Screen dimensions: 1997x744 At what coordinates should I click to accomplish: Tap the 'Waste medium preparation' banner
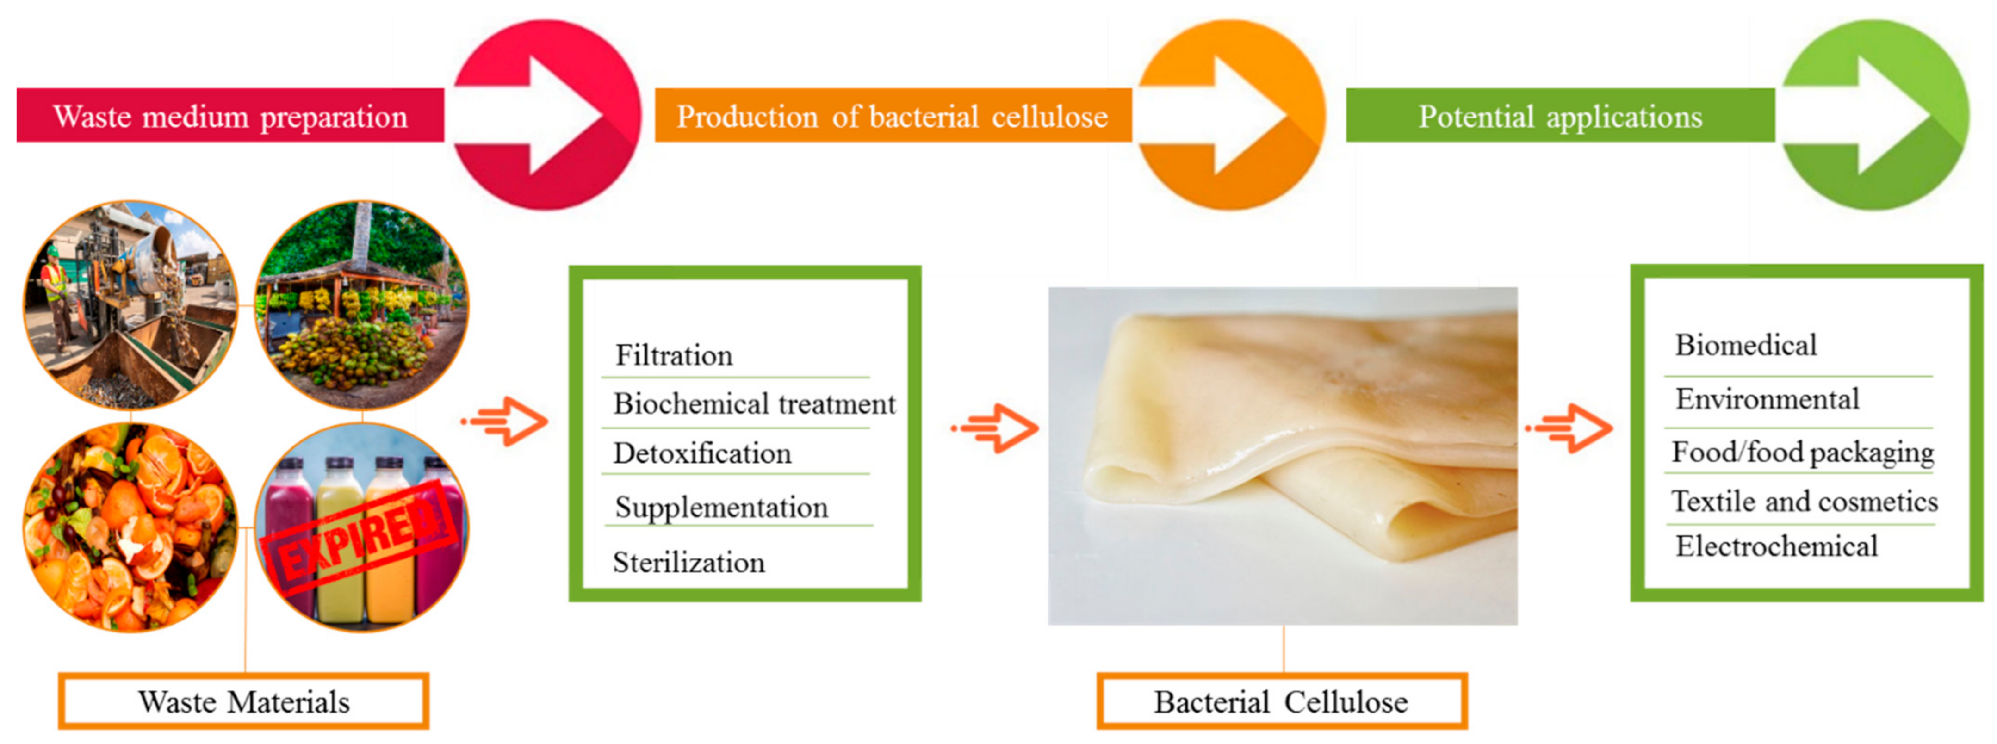230,116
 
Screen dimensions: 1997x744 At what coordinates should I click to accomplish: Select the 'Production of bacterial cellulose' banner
893,116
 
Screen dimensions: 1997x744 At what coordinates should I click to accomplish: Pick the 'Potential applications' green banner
1561,116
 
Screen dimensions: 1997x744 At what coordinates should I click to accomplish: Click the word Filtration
674,355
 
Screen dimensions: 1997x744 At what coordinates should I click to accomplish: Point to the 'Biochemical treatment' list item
754,404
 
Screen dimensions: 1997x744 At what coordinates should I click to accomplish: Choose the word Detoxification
702,453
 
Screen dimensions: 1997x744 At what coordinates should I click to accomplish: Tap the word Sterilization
688,562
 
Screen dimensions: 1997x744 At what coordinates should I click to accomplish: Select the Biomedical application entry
1746,345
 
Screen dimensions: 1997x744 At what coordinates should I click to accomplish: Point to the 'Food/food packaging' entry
1802,452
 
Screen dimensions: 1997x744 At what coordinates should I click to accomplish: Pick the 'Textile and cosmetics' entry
1805,502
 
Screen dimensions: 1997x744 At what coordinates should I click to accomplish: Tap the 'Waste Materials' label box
243,701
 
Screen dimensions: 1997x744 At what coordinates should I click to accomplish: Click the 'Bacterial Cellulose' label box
1282,701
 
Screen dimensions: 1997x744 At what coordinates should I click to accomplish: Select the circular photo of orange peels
130,528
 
